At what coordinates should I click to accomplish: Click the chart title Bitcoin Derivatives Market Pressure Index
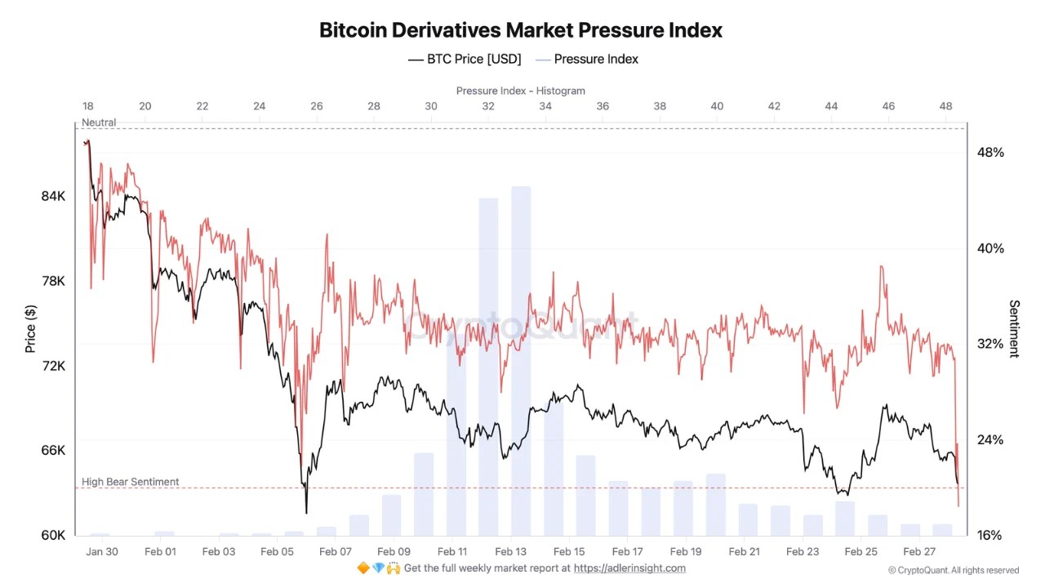click(x=521, y=30)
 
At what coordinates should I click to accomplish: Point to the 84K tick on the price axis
click(x=53, y=196)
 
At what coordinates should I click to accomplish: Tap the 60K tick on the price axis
click(x=53, y=535)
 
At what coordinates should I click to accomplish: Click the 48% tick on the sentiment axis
click(x=990, y=152)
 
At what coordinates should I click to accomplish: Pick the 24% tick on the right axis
click(x=990, y=439)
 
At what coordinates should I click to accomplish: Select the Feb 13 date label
click(x=510, y=551)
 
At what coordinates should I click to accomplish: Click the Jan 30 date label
click(x=101, y=551)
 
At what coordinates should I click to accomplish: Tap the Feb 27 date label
click(x=919, y=551)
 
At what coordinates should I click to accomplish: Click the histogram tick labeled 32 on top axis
click(x=487, y=106)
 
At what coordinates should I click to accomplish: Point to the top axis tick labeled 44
click(x=831, y=106)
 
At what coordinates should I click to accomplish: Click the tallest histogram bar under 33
click(x=521, y=359)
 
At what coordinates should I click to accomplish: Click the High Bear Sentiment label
click(x=130, y=482)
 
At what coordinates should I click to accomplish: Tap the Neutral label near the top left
click(x=99, y=122)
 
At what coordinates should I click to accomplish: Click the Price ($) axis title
click(x=31, y=328)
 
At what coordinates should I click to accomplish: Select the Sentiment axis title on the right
click(x=1014, y=328)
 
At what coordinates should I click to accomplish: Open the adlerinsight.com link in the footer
click(x=629, y=568)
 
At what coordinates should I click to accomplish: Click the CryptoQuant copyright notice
click(x=954, y=570)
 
